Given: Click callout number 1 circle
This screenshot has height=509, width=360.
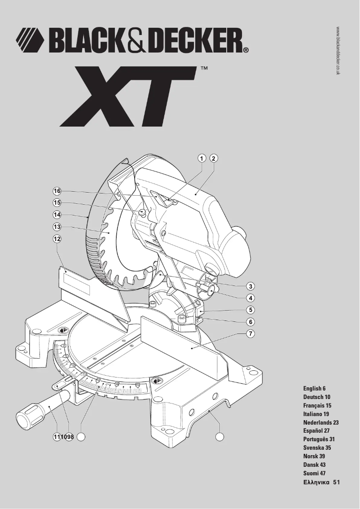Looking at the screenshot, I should pos(202,158).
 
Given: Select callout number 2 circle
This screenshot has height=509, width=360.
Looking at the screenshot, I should pos(214,158).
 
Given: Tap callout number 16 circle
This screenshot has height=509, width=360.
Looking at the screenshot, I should pos(57,191).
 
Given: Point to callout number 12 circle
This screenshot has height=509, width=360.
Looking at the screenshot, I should pos(57,239).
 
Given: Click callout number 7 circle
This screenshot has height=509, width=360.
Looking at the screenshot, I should pos(250,333).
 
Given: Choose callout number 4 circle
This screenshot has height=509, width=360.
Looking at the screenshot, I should pos(250,298).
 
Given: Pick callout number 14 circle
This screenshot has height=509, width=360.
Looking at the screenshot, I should pos(57,215).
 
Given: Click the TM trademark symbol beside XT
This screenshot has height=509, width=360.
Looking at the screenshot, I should pos(203,69).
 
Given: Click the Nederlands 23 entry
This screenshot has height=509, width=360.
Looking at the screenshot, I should pos(320,422).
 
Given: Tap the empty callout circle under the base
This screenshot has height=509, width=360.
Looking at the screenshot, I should pos(220,436).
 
